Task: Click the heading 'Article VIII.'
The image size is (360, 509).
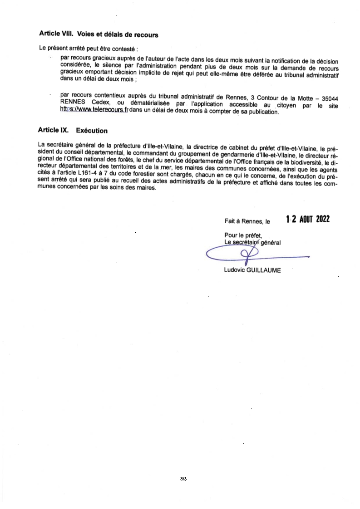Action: click(x=56, y=34)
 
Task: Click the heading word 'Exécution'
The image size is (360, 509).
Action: click(x=92, y=131)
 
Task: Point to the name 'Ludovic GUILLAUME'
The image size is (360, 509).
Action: click(x=252, y=270)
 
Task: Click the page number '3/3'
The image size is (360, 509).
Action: click(x=183, y=479)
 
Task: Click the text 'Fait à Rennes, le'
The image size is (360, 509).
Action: click(x=247, y=222)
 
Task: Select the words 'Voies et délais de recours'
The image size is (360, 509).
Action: click(x=118, y=34)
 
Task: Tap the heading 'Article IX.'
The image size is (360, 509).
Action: click(x=54, y=131)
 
